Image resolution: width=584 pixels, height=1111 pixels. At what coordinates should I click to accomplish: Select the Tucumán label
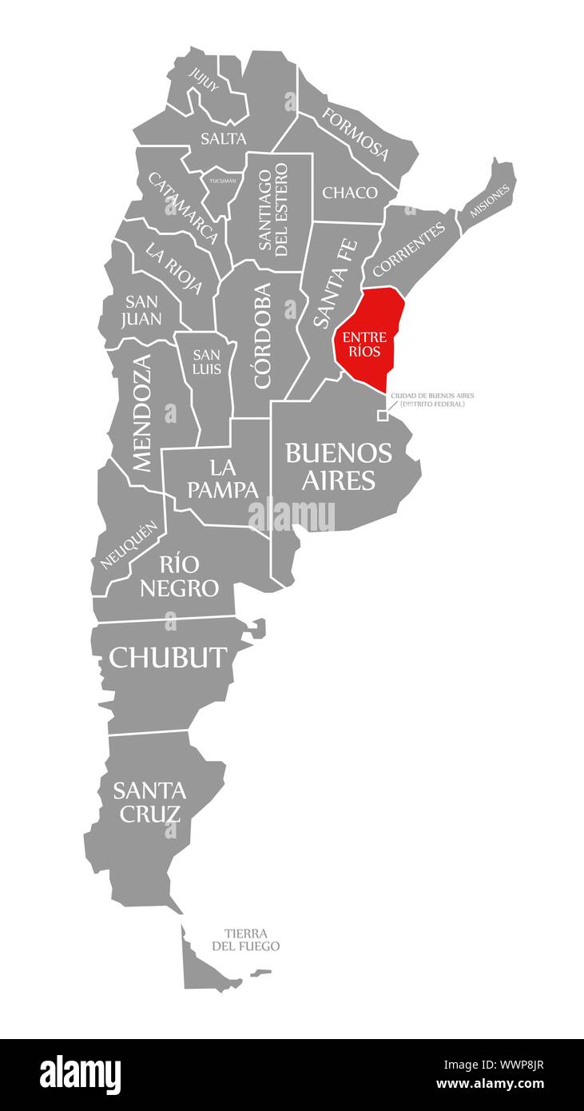click(x=223, y=181)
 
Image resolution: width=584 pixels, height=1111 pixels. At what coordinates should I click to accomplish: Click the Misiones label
click(x=489, y=201)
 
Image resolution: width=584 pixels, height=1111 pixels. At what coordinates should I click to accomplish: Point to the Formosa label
click(x=356, y=133)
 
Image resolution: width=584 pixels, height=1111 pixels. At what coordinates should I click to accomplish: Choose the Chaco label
click(x=350, y=193)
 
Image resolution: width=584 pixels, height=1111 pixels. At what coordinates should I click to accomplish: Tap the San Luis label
click(x=206, y=362)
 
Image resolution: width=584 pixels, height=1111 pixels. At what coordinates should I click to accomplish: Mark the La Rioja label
click(x=173, y=267)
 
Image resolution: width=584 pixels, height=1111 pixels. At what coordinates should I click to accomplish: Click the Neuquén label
click(x=128, y=545)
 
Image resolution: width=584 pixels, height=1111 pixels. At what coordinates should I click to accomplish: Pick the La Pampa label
click(x=223, y=478)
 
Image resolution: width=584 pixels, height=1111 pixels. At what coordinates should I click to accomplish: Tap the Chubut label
click(x=169, y=657)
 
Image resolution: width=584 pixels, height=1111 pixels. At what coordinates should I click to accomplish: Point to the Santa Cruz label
click(x=149, y=802)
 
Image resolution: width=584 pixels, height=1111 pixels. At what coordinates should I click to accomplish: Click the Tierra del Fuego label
click(x=245, y=940)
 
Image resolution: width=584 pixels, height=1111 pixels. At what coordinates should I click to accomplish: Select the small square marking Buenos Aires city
click(x=383, y=415)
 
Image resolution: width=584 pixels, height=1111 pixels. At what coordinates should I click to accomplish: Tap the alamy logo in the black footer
click(x=81, y=1074)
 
